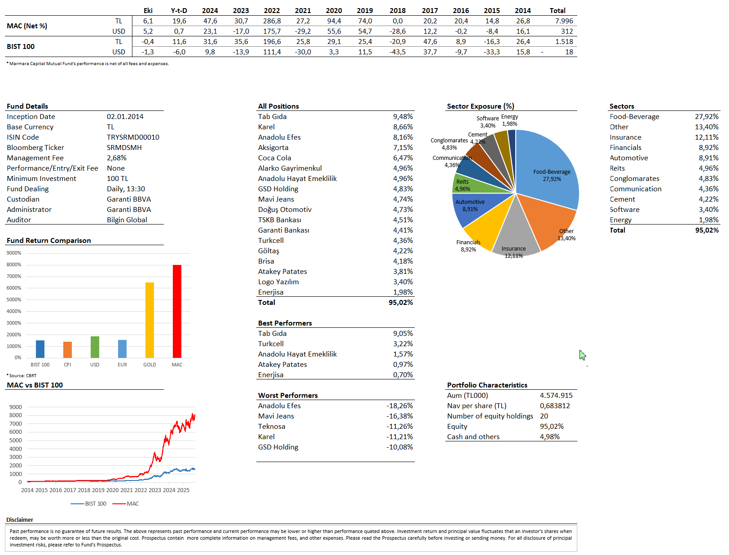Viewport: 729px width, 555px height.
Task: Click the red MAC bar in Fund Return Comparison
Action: pos(177,311)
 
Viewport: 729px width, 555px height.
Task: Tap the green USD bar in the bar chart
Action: pos(95,347)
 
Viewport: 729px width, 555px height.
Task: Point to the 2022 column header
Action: pos(272,10)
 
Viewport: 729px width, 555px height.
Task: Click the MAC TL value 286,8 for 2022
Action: pos(272,21)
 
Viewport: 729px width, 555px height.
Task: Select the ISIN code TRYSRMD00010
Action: pos(133,137)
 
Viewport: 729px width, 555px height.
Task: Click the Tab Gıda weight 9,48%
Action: pos(403,116)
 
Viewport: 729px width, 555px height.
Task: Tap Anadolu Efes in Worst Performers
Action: pos(279,405)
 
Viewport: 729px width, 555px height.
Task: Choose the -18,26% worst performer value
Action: pos(400,405)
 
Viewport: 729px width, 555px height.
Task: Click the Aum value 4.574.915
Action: pos(556,395)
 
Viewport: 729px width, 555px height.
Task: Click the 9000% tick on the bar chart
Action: pos(14,253)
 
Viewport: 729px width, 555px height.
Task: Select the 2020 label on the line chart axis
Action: pos(112,490)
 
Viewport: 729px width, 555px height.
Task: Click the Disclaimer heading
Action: pos(20,520)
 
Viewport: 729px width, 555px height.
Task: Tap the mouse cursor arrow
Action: pos(582,355)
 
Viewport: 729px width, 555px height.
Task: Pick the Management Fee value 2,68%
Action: pos(117,158)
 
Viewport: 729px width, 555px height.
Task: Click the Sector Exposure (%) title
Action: pos(480,106)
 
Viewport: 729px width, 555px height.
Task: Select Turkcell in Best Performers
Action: pos(271,344)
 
